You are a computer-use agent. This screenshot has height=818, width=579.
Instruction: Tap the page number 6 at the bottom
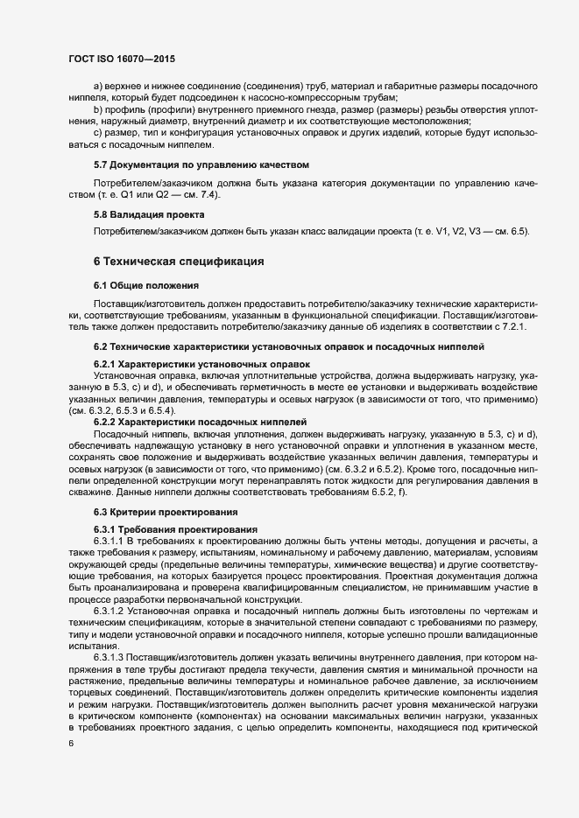71,744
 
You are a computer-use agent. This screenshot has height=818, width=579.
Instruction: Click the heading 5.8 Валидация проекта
149,214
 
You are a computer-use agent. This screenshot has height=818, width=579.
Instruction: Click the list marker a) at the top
97,86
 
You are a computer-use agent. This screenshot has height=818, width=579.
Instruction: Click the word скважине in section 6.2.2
92,491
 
